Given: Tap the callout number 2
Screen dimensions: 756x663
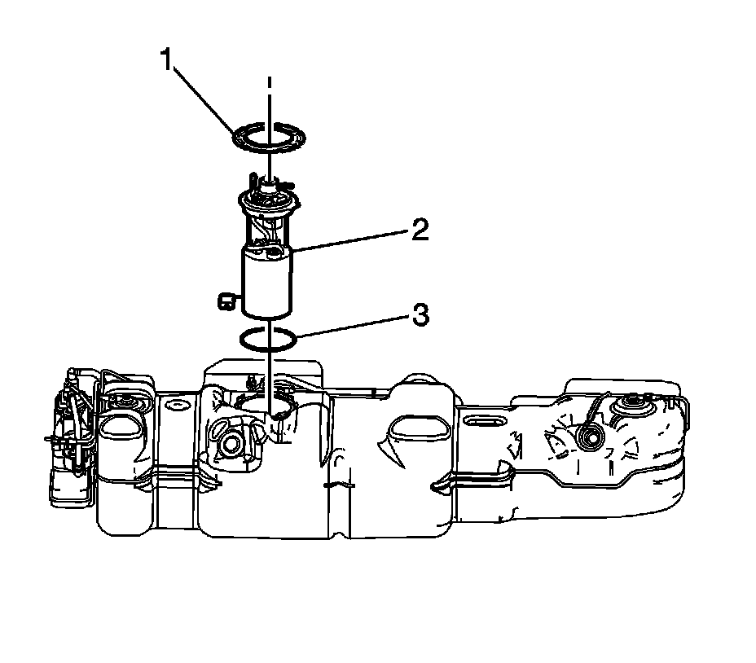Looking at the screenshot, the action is pos(419,231).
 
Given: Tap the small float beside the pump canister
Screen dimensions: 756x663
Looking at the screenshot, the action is pos(225,301).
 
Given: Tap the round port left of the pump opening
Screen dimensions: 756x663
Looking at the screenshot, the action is pos(231,443).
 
